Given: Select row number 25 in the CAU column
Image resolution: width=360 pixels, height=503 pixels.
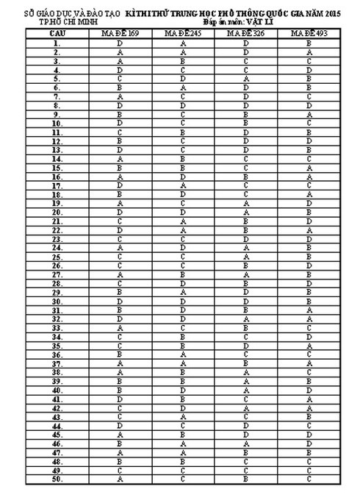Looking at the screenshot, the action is tap(56, 257).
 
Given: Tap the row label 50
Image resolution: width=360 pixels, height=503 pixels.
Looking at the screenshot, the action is tap(56, 478).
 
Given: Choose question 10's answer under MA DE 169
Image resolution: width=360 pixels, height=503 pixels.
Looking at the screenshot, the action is tap(119, 124).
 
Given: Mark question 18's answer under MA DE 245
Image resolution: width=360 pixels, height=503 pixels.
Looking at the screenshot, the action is tap(184, 194).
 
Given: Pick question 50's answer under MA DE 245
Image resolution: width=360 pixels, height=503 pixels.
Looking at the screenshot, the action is tap(184, 478).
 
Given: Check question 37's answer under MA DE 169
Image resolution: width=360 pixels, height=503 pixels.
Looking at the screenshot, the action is tap(119, 363).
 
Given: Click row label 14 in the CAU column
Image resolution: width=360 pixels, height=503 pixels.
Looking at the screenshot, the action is tap(56, 159).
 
